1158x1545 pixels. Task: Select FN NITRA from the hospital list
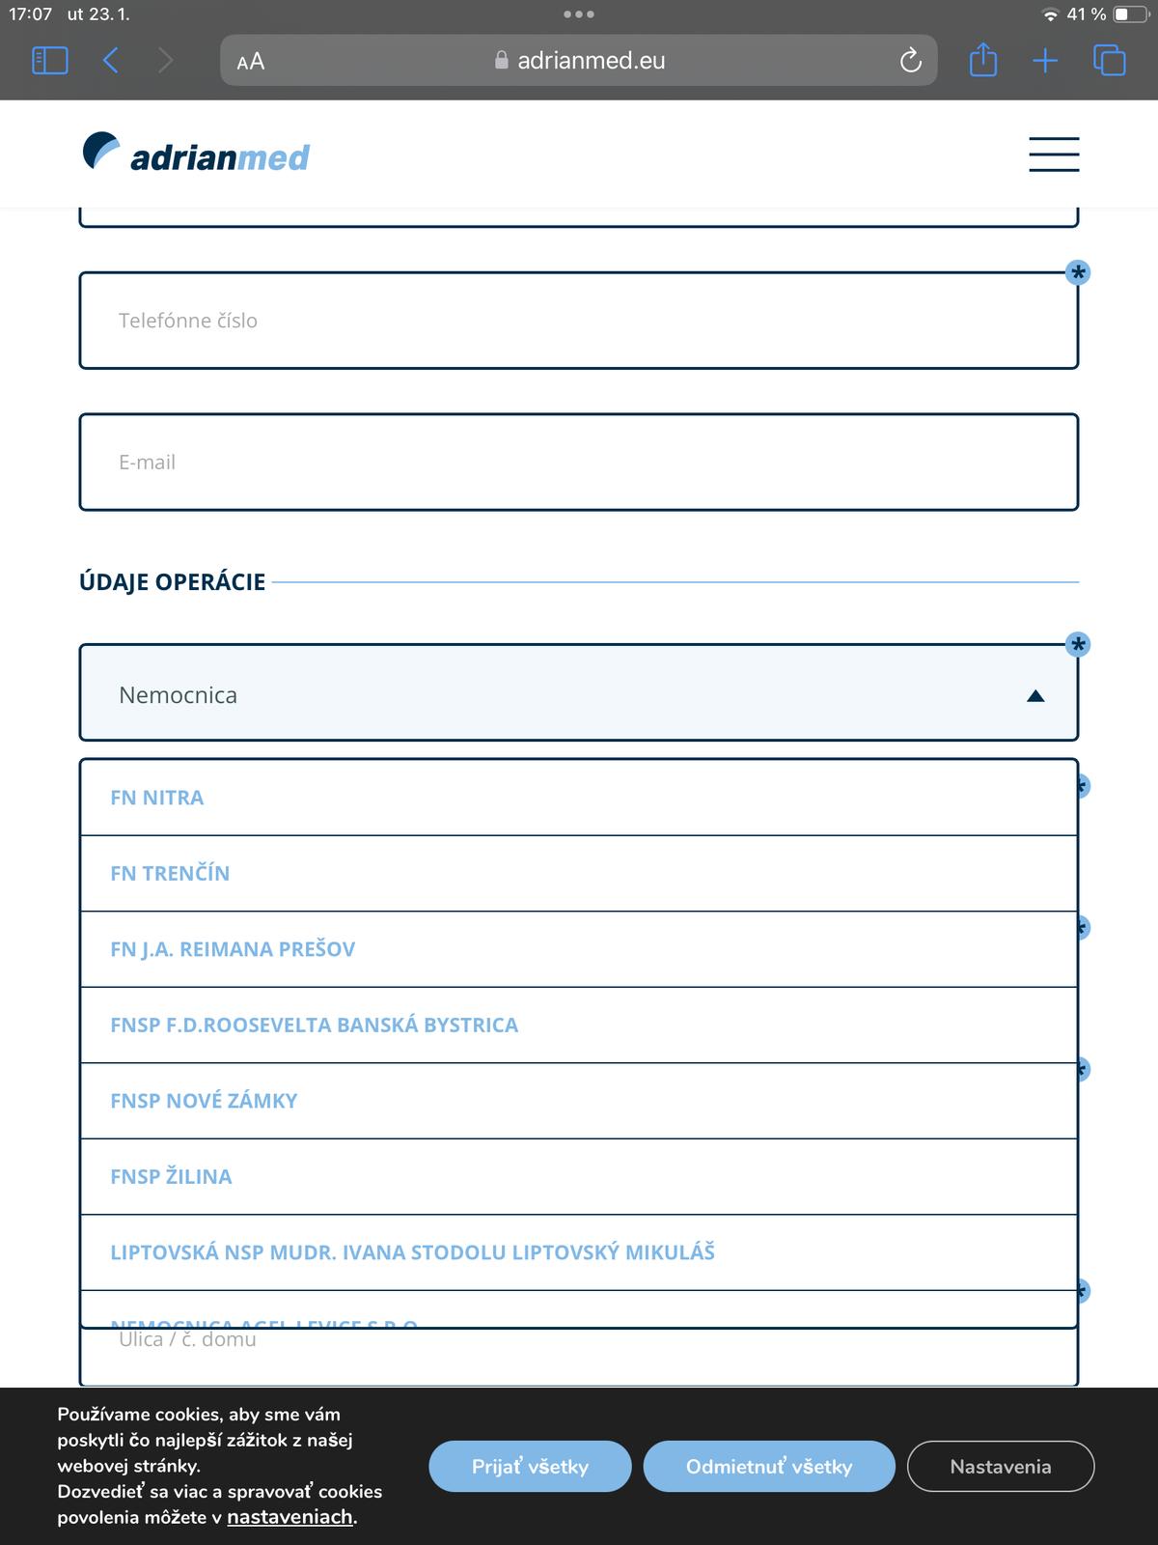pos(157,798)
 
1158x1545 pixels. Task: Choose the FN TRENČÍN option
pos(170,873)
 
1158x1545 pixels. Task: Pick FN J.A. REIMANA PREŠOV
pos(233,949)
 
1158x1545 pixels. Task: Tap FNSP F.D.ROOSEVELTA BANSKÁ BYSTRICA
pos(314,1025)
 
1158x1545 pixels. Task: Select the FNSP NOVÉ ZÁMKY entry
pos(204,1101)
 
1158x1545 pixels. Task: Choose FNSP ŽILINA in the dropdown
pos(171,1176)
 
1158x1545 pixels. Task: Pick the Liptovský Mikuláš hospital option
pos(412,1252)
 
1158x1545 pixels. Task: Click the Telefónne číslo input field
pos(578,321)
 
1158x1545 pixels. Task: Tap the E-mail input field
pos(578,463)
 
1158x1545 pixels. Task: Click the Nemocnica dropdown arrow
pos(1035,696)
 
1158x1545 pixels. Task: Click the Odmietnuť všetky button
pos(769,1466)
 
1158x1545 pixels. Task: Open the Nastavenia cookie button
pos(1001,1466)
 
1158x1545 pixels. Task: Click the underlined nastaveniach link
pos(289,1517)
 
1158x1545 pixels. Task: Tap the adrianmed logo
pos(196,154)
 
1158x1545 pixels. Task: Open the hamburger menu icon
pos(1054,154)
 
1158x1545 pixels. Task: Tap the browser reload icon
pos(910,61)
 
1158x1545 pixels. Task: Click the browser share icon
pos(982,61)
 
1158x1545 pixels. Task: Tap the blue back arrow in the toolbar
pos(111,61)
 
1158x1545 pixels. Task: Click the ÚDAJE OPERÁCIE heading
pos(172,582)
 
